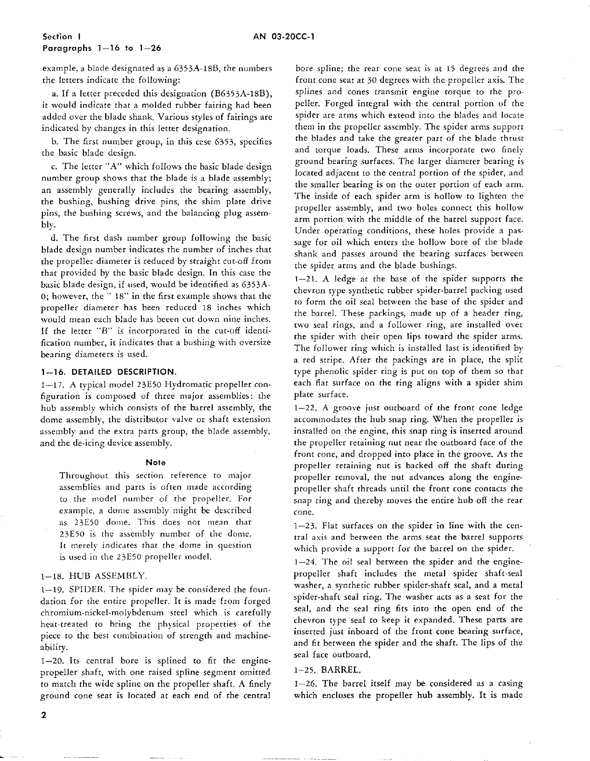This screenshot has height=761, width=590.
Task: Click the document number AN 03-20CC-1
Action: coord(283,37)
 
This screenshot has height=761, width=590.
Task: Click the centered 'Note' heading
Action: coord(155,462)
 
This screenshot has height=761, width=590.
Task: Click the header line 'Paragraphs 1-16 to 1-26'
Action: coord(101,48)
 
